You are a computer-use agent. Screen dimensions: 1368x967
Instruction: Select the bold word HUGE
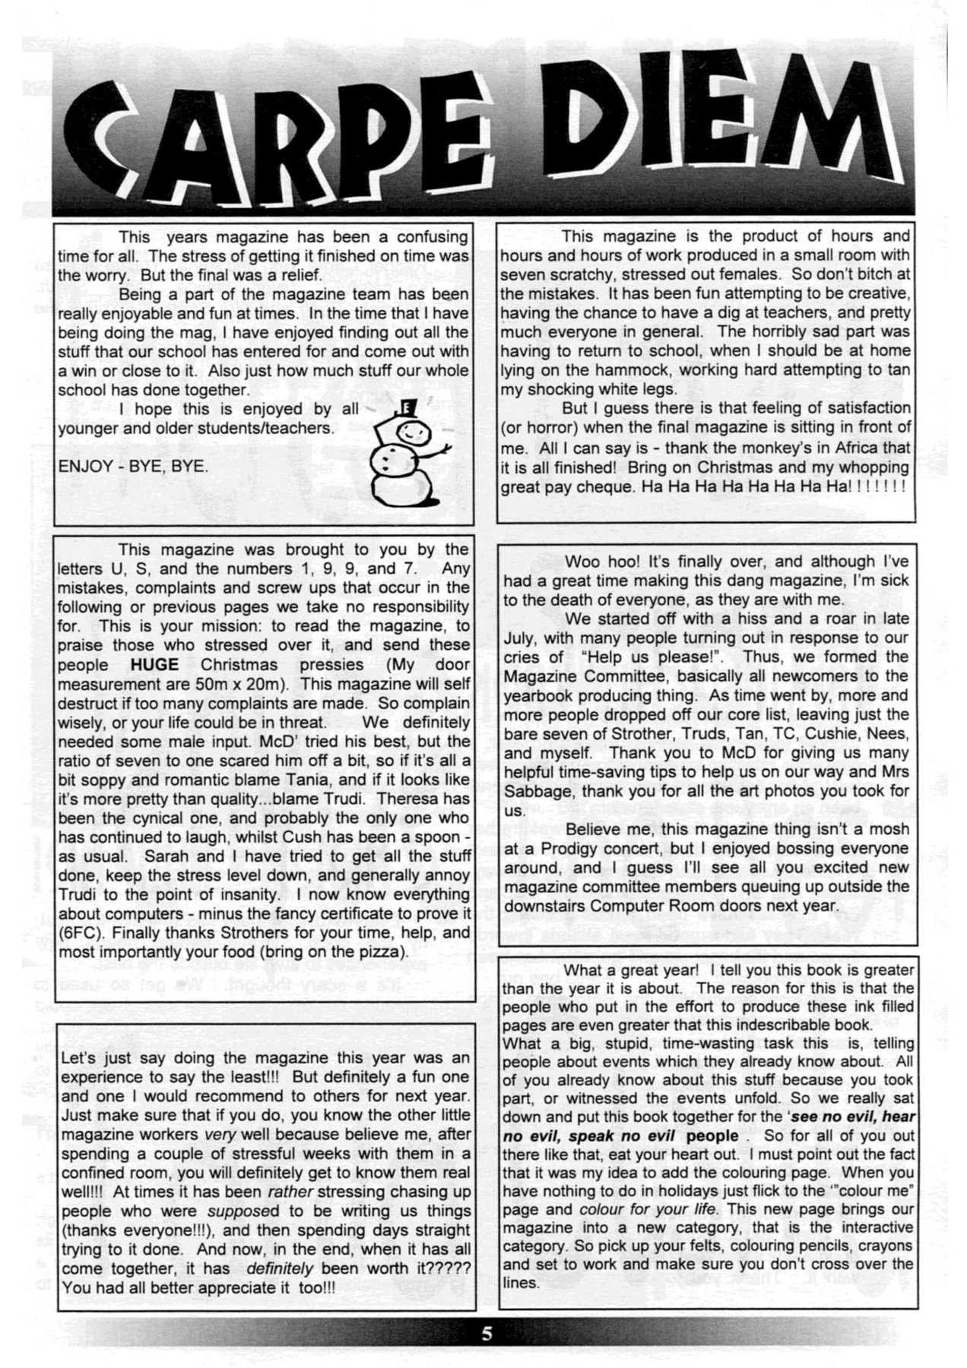154,664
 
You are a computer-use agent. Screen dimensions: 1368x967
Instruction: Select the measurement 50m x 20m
239,683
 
